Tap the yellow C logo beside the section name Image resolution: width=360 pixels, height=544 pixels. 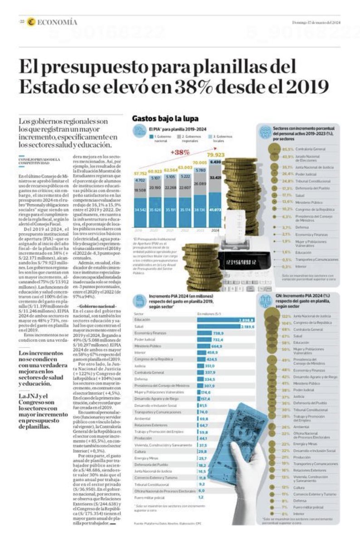(31, 22)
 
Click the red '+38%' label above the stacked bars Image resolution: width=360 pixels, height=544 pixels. (180, 152)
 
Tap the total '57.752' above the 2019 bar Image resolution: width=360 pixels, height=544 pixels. (141, 173)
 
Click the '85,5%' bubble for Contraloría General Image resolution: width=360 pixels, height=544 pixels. (286, 148)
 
